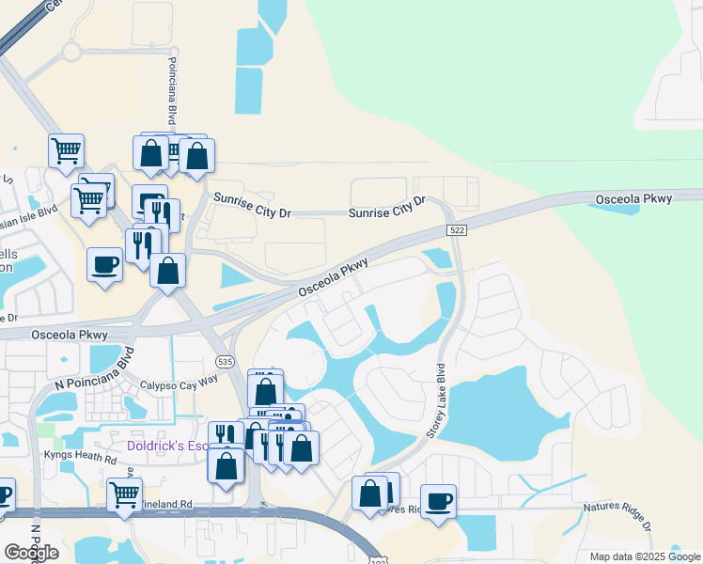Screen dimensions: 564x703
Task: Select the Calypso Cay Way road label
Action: click(x=179, y=382)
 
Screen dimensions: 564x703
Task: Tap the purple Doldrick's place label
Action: click(x=167, y=444)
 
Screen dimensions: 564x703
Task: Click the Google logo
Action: click(x=31, y=553)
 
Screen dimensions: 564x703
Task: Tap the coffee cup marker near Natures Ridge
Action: click(x=438, y=500)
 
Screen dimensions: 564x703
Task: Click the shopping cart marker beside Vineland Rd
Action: click(x=124, y=493)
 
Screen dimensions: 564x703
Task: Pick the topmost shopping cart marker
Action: click(x=66, y=149)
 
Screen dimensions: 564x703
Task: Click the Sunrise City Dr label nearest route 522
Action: click(x=387, y=208)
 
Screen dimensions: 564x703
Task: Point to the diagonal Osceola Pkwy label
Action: click(x=333, y=278)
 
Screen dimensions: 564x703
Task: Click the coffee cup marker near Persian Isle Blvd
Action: click(x=104, y=263)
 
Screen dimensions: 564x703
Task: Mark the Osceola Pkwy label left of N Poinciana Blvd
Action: click(x=70, y=335)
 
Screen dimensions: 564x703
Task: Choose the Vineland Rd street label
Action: click(x=169, y=505)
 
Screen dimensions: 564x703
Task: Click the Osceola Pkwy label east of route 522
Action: click(x=634, y=199)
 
